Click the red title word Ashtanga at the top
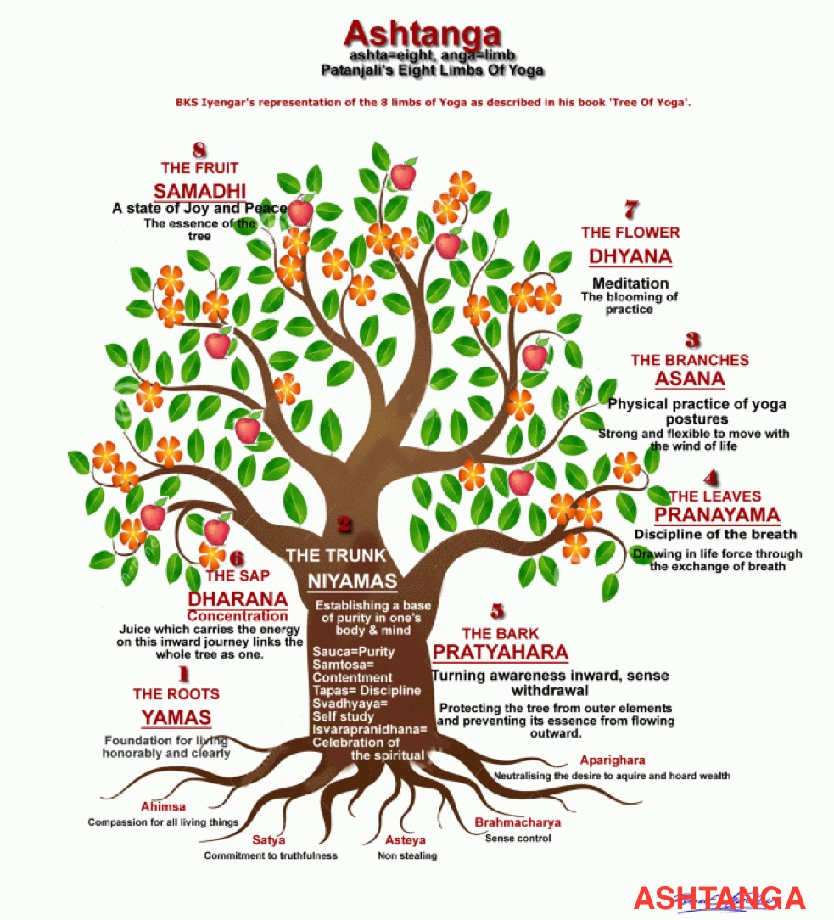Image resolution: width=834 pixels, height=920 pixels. click(x=423, y=34)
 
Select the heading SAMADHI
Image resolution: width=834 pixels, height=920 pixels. click(x=199, y=191)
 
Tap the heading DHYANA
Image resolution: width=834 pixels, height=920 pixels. click(x=630, y=256)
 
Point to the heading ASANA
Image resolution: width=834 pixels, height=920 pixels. click(x=690, y=379)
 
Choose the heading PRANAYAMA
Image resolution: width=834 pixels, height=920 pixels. click(x=717, y=514)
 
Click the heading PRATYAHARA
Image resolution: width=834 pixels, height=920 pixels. click(x=501, y=652)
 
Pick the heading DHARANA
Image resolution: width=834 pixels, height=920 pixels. click(x=238, y=599)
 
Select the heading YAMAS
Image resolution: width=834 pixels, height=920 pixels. click(x=176, y=717)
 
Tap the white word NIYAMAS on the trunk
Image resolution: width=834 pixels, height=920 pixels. click(x=352, y=581)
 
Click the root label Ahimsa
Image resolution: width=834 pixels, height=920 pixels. click(x=163, y=806)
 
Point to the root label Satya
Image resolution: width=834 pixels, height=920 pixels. click(x=269, y=840)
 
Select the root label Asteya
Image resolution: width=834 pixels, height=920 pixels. click(x=406, y=840)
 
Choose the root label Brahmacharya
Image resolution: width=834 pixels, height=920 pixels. click(x=518, y=822)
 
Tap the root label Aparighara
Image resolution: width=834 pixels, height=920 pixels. click(x=613, y=760)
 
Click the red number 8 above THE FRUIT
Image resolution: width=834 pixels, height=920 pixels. click(x=199, y=150)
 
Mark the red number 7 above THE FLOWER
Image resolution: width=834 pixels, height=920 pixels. click(x=631, y=210)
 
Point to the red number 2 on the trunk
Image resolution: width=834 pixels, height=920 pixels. click(x=344, y=524)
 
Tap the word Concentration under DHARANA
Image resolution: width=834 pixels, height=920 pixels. click(x=238, y=616)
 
